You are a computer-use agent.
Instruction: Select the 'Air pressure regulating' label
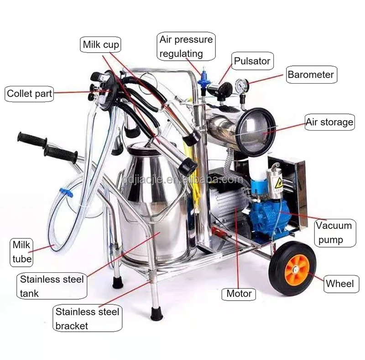point(186,46)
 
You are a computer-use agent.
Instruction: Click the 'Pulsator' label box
point(252,60)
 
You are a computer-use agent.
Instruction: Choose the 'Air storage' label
point(329,122)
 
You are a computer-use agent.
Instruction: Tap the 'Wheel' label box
point(339,284)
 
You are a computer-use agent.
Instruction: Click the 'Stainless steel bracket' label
point(87,319)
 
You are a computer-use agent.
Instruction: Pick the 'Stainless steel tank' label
point(52,286)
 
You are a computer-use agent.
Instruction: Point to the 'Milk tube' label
point(22,252)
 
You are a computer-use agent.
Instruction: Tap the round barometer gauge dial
point(242,85)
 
